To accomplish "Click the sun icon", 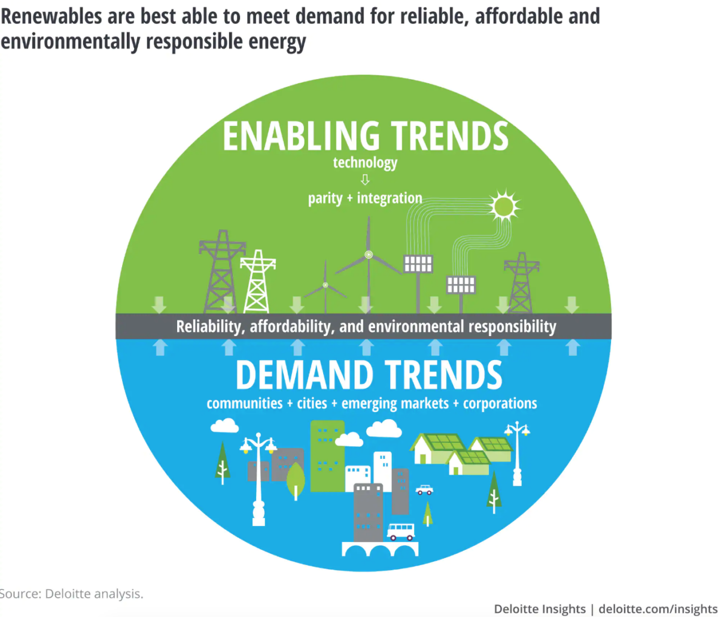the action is tap(504, 207).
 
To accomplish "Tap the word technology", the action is tap(365, 163).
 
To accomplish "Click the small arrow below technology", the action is tap(365, 180).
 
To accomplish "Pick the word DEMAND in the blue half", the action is tap(305, 375).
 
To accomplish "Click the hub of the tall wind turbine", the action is tap(369, 255).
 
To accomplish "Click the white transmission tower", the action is tap(257, 281).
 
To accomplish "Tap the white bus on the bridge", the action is tap(400, 532).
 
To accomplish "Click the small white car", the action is tap(424, 489).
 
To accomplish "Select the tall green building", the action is tap(327, 456).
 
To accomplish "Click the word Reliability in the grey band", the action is tap(209, 326).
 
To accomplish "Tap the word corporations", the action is tap(500, 404).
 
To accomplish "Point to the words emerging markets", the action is tap(395, 404).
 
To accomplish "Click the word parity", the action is tap(325, 199).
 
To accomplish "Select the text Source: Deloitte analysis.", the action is tap(71, 594).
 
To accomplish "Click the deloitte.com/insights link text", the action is tap(658, 609).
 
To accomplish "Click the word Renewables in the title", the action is tap(51, 16).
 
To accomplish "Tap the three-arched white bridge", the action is tap(380, 549).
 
